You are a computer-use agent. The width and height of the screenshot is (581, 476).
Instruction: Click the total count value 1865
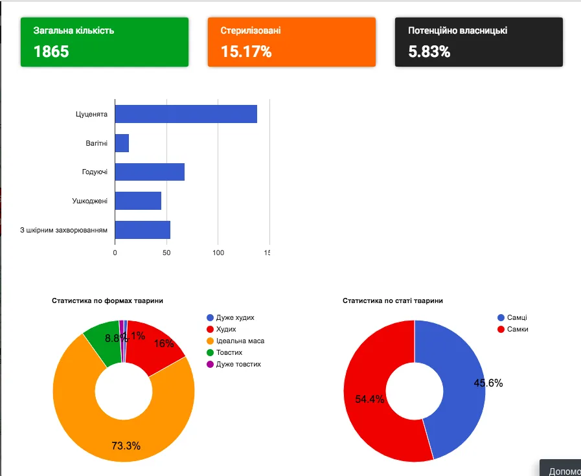click(51, 52)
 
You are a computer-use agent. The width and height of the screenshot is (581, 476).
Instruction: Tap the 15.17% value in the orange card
click(246, 52)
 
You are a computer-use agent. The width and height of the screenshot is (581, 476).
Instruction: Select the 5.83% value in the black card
click(429, 52)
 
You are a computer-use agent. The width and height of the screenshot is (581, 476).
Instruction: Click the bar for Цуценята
click(186, 114)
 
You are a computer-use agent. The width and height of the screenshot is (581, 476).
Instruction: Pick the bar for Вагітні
click(122, 143)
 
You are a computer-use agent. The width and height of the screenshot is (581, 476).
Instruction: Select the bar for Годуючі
click(150, 172)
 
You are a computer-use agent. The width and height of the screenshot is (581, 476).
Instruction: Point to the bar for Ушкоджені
click(138, 201)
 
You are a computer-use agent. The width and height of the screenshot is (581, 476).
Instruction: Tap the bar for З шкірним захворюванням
click(142, 230)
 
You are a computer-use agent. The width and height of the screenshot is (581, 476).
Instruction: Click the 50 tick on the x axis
click(166, 253)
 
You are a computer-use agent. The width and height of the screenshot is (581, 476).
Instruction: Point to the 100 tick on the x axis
click(218, 253)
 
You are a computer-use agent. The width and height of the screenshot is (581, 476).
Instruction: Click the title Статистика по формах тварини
click(108, 301)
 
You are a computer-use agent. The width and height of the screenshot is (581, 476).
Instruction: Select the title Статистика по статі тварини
click(393, 301)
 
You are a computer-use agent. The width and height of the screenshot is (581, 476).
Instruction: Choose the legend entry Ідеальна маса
click(240, 341)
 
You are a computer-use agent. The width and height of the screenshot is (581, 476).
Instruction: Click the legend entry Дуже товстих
click(238, 365)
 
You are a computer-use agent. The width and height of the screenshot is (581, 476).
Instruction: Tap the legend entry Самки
click(518, 330)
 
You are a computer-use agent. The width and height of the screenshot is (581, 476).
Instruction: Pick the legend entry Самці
click(517, 318)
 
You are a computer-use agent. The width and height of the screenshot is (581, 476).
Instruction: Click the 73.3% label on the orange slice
click(126, 446)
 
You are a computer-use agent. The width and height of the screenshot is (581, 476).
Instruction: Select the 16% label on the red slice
click(164, 344)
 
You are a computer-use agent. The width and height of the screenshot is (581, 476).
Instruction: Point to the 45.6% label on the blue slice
click(488, 383)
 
